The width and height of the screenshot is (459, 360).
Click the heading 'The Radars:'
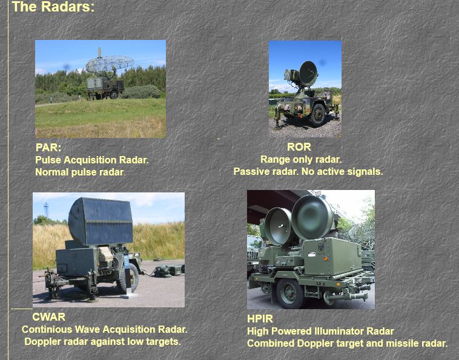point(53,7)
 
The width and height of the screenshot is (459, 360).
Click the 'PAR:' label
point(48,148)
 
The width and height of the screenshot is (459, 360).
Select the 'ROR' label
point(299,147)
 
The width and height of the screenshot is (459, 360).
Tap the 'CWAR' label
point(48,316)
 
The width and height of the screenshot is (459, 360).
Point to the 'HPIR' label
point(260,318)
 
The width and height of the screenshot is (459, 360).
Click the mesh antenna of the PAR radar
point(110,64)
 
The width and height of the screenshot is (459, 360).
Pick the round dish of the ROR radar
point(308,73)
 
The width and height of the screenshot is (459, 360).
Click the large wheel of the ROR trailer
point(318,115)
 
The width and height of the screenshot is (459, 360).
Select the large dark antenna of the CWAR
point(101,221)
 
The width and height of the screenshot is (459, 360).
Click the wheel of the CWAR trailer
point(128,277)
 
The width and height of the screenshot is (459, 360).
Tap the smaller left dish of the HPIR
point(279,226)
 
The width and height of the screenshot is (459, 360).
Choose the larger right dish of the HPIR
point(312,217)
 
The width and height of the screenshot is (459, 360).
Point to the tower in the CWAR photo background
point(46,210)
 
